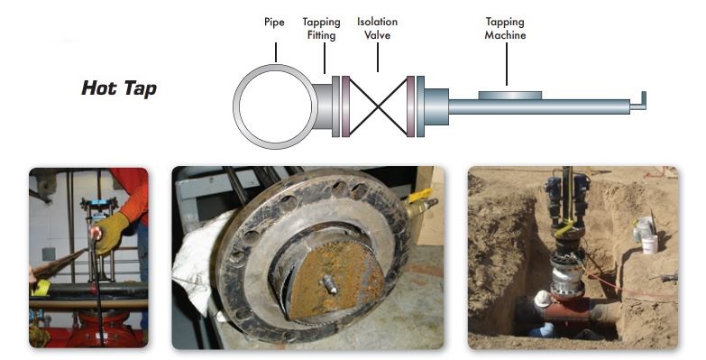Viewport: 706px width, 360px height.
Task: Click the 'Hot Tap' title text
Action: tap(119, 88)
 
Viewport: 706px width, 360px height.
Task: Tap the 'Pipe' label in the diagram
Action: tap(274, 22)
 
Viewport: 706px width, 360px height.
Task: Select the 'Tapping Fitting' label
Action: tap(322, 28)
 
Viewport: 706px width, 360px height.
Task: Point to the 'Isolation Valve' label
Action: tap(377, 28)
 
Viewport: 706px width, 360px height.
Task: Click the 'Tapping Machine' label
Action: tap(505, 28)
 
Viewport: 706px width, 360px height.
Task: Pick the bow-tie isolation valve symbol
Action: tap(378, 106)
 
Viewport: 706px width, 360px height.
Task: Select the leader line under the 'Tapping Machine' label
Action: tap(507, 64)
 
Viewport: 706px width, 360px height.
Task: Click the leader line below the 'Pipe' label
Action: tap(276, 52)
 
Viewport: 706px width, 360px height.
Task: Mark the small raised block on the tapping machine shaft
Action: tap(510, 96)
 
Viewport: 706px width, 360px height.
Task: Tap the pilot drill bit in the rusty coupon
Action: tap(329, 284)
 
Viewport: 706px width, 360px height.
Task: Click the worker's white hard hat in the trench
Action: tap(543, 299)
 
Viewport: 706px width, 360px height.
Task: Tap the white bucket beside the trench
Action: tap(649, 244)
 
